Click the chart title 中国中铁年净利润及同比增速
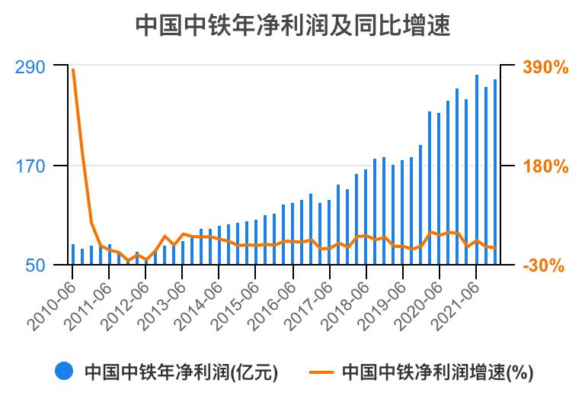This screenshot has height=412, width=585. tap(292, 26)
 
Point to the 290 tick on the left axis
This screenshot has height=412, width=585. tap(30, 67)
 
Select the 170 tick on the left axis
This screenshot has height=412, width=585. tap(30, 166)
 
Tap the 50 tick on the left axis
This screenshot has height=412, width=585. tap(36, 266)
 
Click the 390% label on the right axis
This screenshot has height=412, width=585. tap(545, 67)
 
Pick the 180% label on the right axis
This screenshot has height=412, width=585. tap(545, 166)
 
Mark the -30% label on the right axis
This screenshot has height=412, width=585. tap(545, 266)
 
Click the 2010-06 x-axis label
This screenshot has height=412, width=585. tap(52, 305)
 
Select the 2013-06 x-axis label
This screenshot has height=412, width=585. tap(162, 305)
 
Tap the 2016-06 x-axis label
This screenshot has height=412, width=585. tap(273, 305)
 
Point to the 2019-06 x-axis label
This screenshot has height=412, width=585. tap(382, 305)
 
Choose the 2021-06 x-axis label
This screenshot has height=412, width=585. tap(456, 305)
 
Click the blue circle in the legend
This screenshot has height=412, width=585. tap(65, 372)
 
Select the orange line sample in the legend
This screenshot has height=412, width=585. tap(322, 372)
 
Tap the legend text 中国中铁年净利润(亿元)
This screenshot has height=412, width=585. tap(181, 372)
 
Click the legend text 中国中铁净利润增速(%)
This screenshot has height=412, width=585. tap(437, 372)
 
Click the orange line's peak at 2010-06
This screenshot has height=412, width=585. tap(73, 70)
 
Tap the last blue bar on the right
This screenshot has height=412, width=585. tap(495, 172)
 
